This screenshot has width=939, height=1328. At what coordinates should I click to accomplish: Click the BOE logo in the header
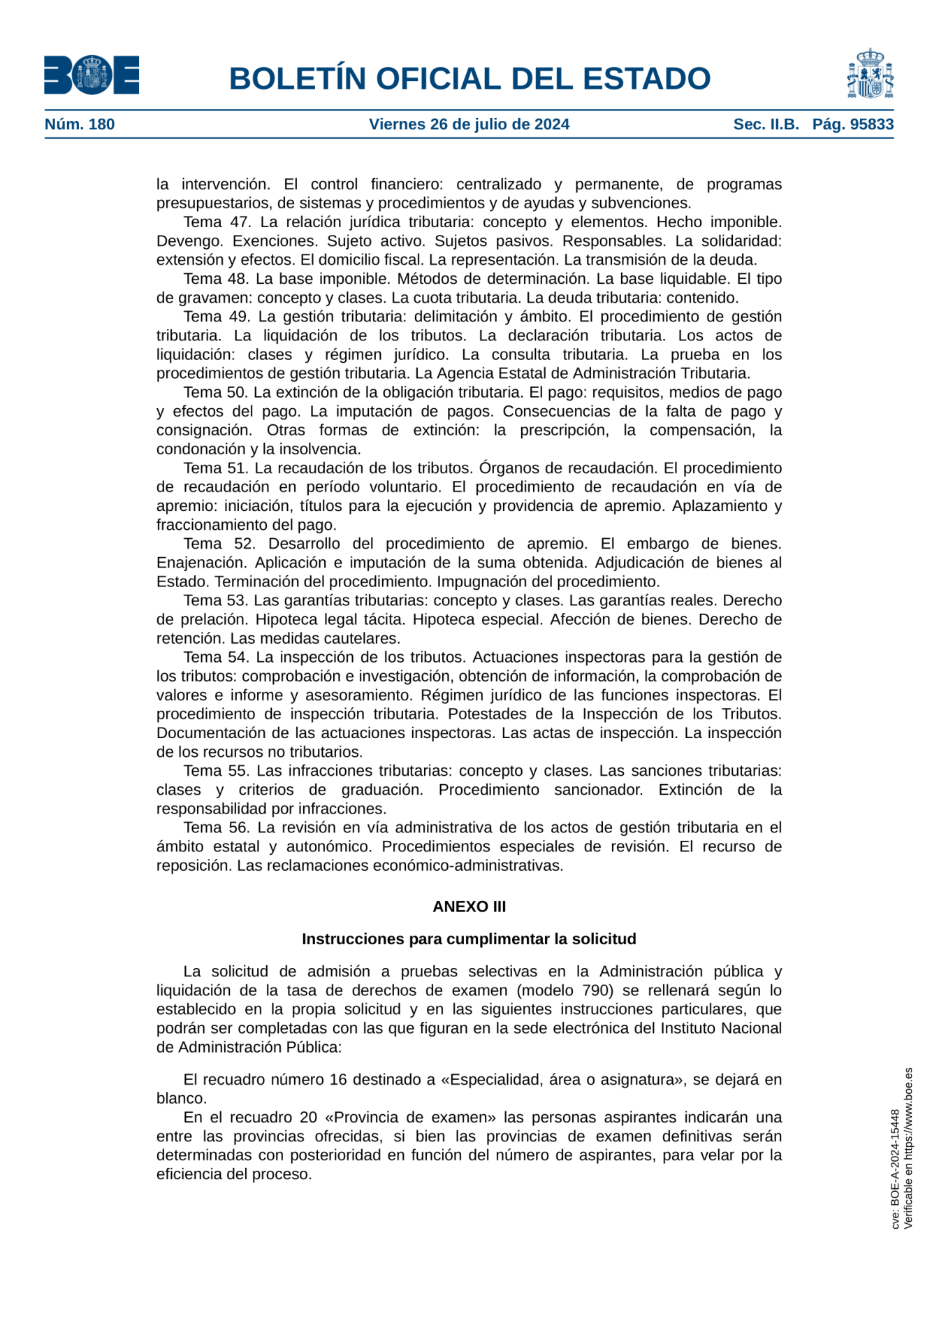[x=92, y=75]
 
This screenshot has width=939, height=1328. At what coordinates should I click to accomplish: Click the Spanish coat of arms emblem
[x=870, y=74]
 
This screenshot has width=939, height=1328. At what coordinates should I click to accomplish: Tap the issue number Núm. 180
[x=80, y=124]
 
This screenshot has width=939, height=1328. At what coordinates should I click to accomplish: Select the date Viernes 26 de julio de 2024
[x=469, y=124]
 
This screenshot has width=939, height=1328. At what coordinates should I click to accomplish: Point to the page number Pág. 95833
[x=852, y=124]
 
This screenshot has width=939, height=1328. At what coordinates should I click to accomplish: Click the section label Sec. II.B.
[x=766, y=124]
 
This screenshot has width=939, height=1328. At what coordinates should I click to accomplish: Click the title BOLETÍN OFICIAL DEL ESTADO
[x=469, y=78]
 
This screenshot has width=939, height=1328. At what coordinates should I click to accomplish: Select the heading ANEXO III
[x=469, y=907]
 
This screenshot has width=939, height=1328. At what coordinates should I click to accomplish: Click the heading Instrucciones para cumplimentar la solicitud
[x=469, y=939]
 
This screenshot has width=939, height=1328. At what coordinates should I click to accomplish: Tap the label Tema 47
[x=216, y=222]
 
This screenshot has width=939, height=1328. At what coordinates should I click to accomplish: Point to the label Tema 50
[x=215, y=392]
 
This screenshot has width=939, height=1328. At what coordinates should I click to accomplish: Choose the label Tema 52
[x=218, y=544]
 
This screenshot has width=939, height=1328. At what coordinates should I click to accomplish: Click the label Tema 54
[x=216, y=657]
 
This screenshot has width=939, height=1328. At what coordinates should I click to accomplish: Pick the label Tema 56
[x=217, y=828]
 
